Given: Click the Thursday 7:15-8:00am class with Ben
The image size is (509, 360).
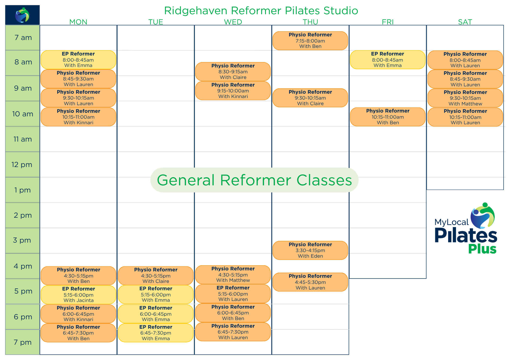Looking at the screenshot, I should (310, 41).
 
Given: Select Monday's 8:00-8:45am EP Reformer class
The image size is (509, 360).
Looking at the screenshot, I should (78, 60).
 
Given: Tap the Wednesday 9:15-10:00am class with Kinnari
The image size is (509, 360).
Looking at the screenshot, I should (233, 91).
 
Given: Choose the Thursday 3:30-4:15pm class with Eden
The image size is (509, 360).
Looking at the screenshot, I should (310, 250).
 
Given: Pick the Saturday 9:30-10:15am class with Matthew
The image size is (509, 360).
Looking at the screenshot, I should (465, 98).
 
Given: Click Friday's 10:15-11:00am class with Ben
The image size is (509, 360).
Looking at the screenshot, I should (388, 117).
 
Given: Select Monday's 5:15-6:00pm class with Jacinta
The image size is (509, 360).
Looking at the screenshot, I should (78, 295).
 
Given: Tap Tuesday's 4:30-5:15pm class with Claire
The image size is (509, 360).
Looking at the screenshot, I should (156, 276).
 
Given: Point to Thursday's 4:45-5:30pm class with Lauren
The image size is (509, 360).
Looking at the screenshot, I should (310, 282).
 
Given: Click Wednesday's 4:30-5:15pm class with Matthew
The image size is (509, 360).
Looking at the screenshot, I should (233, 275).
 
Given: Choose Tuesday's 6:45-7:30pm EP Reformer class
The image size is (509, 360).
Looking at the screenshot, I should (156, 333).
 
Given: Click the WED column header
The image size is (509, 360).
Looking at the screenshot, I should (233, 22).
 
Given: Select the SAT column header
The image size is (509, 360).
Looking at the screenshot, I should (465, 22).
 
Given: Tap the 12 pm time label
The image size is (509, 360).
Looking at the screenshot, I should (22, 165).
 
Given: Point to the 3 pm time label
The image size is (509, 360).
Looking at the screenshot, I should (22, 240).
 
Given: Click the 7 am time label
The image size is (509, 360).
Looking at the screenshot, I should (23, 38).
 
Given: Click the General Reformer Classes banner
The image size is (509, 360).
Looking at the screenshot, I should (254, 180).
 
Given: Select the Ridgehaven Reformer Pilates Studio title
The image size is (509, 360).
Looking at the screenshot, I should (261, 11).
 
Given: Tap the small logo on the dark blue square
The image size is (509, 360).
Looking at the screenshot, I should (22, 15).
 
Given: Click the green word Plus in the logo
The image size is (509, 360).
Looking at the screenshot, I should (482, 249).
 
